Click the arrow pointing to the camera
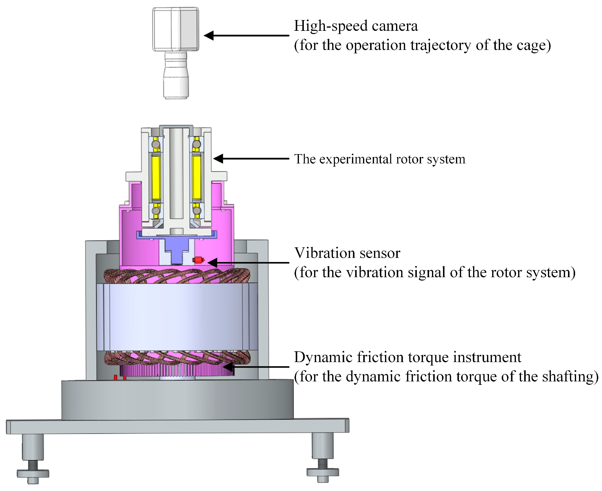[x=246, y=35]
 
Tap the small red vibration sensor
[x=198, y=260]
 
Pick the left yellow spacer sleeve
[x=156, y=178]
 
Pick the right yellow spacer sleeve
[x=196, y=178]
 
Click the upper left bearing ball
[x=156, y=144]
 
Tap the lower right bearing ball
[x=197, y=210]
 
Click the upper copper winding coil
[x=177, y=276]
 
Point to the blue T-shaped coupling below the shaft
[x=176, y=246]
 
